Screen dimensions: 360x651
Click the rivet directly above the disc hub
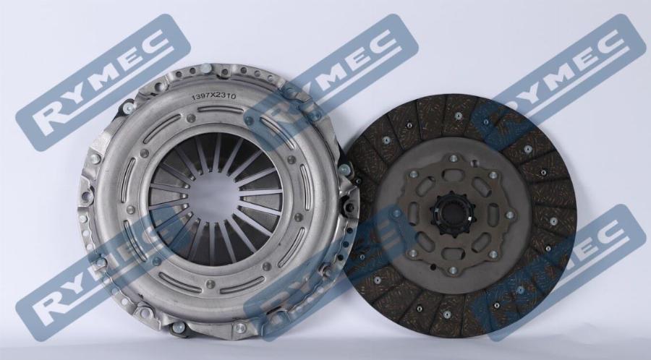click(453, 158)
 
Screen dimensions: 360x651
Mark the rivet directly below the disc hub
click(453, 270)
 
